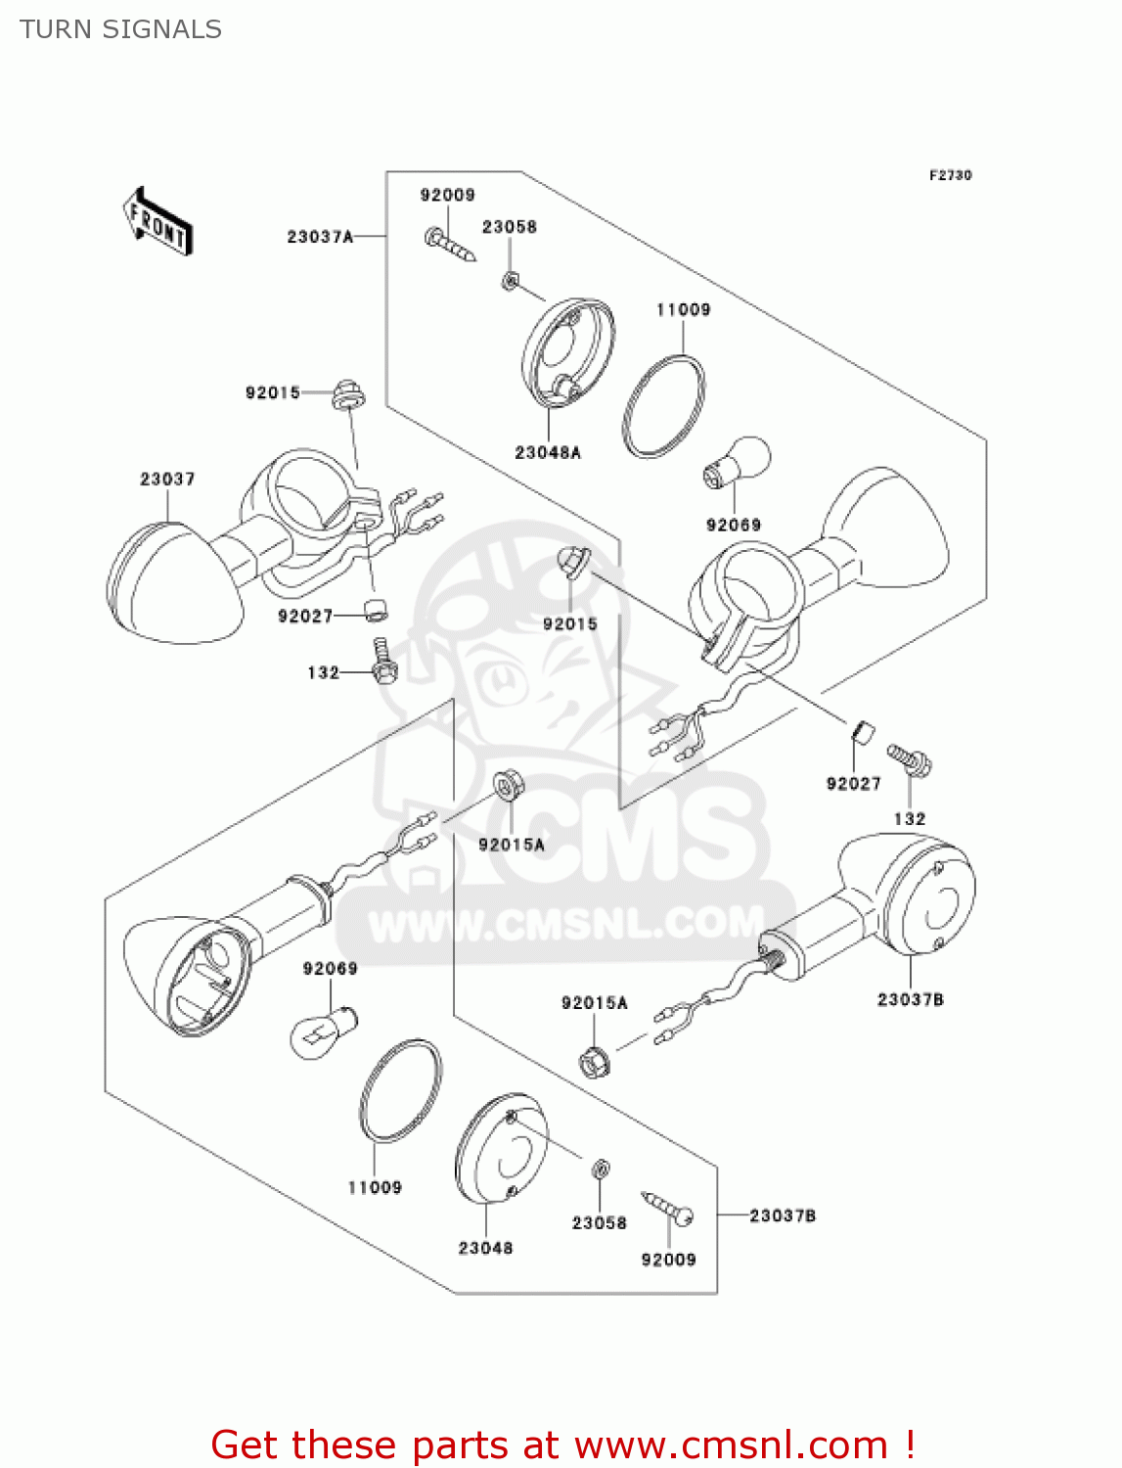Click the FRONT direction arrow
pyautogui.click(x=157, y=222)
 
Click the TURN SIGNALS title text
pyautogui.click(x=120, y=29)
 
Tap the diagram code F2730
pyautogui.click(x=950, y=175)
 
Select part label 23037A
pyautogui.click(x=319, y=237)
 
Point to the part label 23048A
pyautogui.click(x=548, y=452)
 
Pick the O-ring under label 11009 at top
pyautogui.click(x=664, y=406)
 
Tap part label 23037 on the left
pyautogui.click(x=167, y=479)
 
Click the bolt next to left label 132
pyautogui.click(x=383, y=662)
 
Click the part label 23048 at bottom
pyautogui.click(x=485, y=1248)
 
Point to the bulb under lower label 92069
pyautogui.click(x=325, y=1031)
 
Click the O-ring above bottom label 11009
pyautogui.click(x=400, y=1091)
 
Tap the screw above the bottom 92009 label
pyautogui.click(x=668, y=1207)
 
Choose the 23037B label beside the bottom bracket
pyautogui.click(x=783, y=1216)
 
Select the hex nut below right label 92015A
pyautogui.click(x=593, y=1061)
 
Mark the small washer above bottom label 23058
pyautogui.click(x=601, y=1169)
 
